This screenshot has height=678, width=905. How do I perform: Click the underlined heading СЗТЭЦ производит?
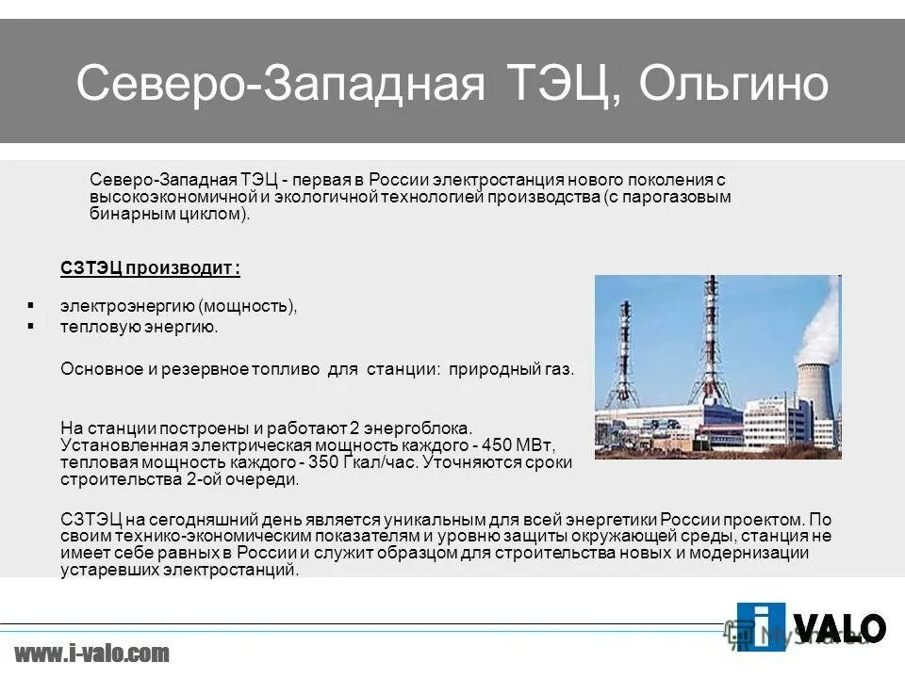click(x=150, y=269)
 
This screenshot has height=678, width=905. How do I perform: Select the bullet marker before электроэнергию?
click(x=31, y=306)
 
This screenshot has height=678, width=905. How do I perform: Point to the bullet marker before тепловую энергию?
click(x=31, y=326)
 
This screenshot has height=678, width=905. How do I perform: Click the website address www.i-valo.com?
click(x=92, y=653)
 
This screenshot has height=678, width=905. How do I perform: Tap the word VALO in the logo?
click(x=841, y=627)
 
